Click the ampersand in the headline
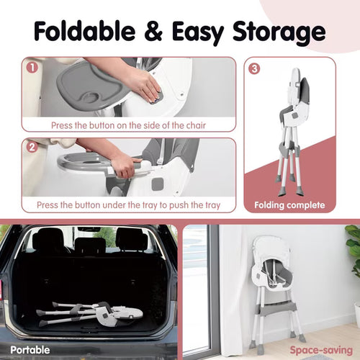153,31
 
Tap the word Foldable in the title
85,31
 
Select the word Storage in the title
279,33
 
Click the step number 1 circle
32,68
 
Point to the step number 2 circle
32,147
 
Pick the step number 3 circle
254,69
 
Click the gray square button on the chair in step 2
158,184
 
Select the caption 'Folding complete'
289,205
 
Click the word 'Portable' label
30,350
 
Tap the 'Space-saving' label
321,350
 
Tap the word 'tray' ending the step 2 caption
212,205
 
